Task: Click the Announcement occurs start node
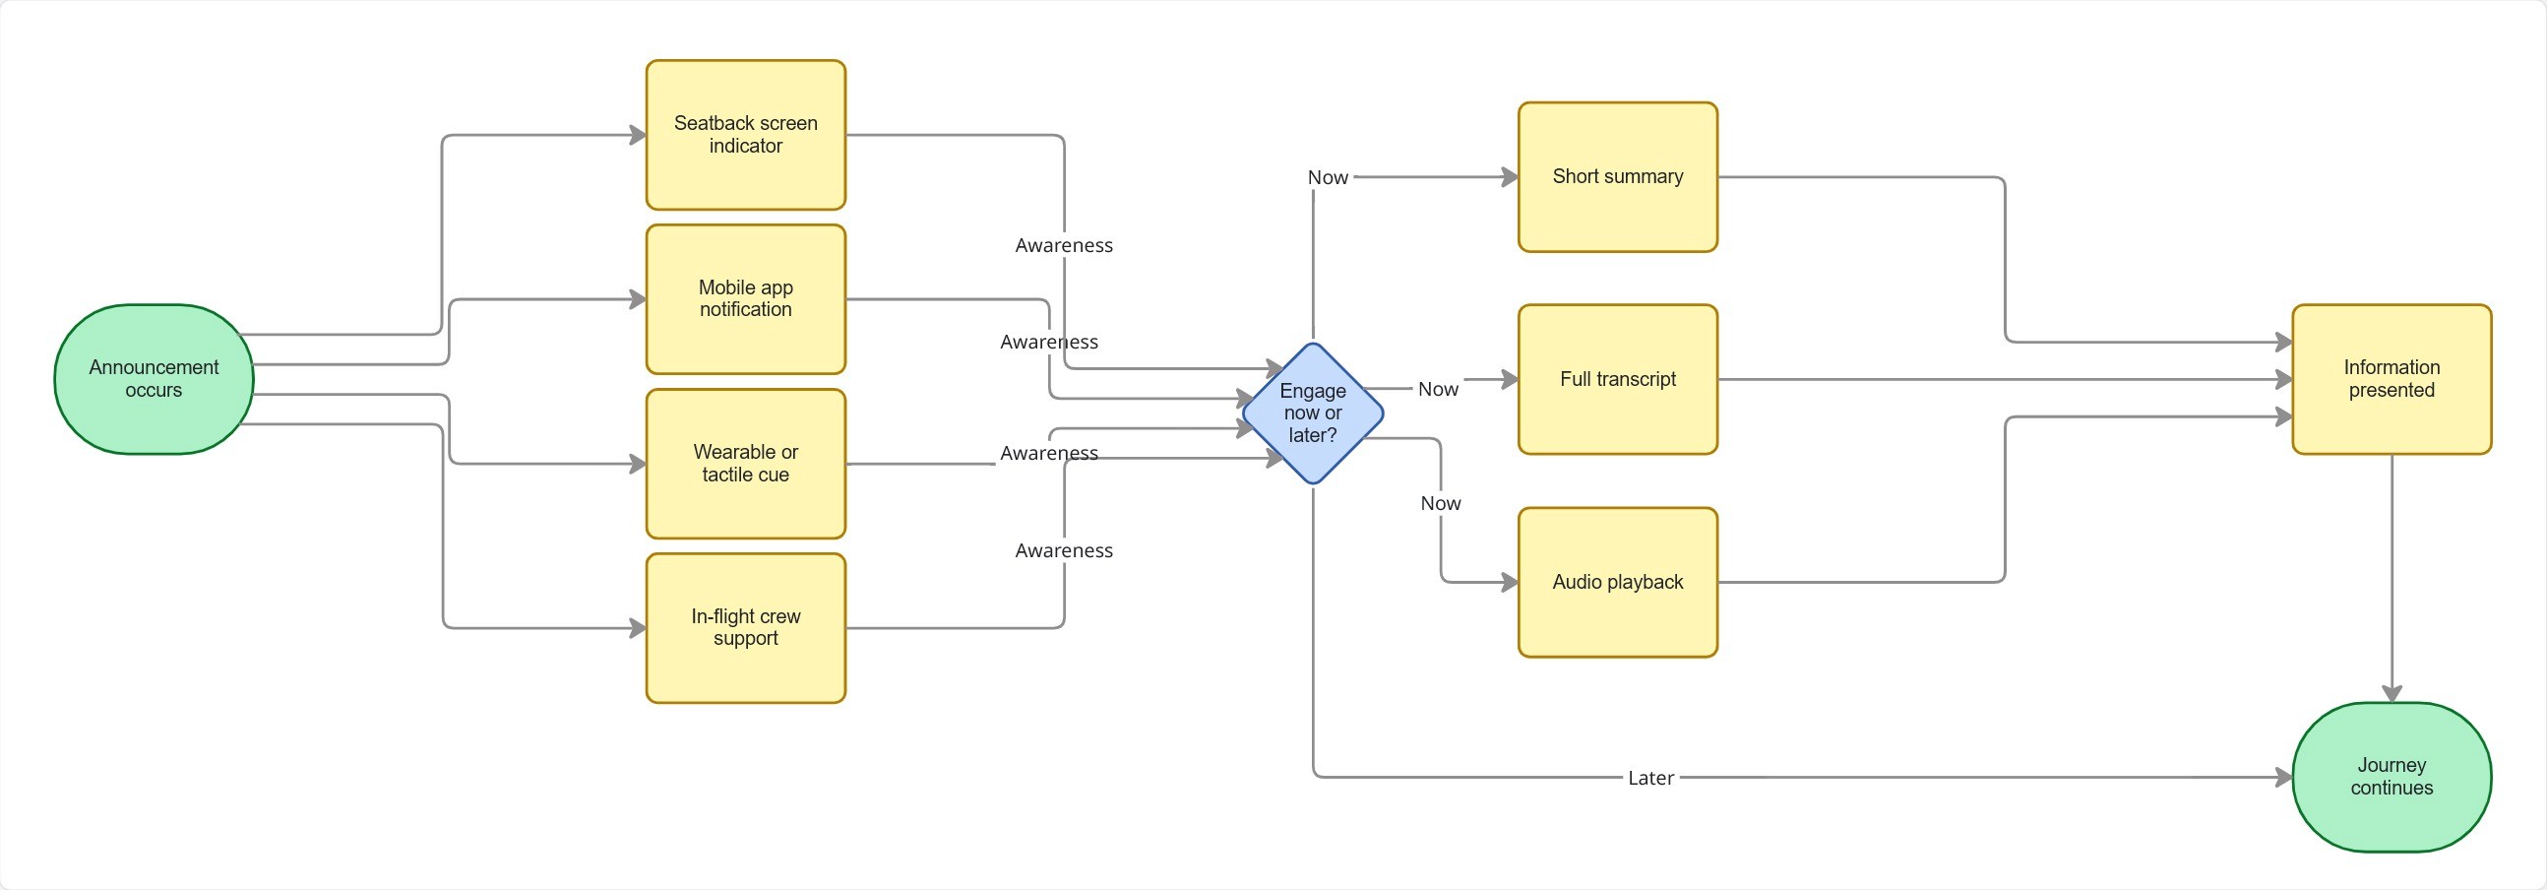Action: coord(154,379)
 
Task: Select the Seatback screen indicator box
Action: coord(746,135)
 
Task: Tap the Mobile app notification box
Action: coord(746,298)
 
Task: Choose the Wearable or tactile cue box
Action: coord(746,463)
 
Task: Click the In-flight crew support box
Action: coord(746,627)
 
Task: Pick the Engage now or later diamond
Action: coord(1312,413)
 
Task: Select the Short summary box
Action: coord(1617,177)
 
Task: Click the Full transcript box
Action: coord(1617,379)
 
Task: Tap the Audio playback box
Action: coord(1617,582)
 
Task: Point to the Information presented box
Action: coord(2391,379)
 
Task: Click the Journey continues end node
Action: coord(2391,776)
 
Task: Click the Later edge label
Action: coord(1650,778)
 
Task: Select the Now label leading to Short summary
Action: coord(1327,178)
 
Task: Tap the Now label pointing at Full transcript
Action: coord(1438,390)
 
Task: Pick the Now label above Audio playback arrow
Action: coord(1441,503)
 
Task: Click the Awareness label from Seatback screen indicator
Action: coord(1064,245)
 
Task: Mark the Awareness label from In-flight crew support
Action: coord(1064,550)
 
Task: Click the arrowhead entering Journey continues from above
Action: coord(2391,693)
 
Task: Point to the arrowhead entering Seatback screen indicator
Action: coord(639,136)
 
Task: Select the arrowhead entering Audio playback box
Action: coord(1510,583)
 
